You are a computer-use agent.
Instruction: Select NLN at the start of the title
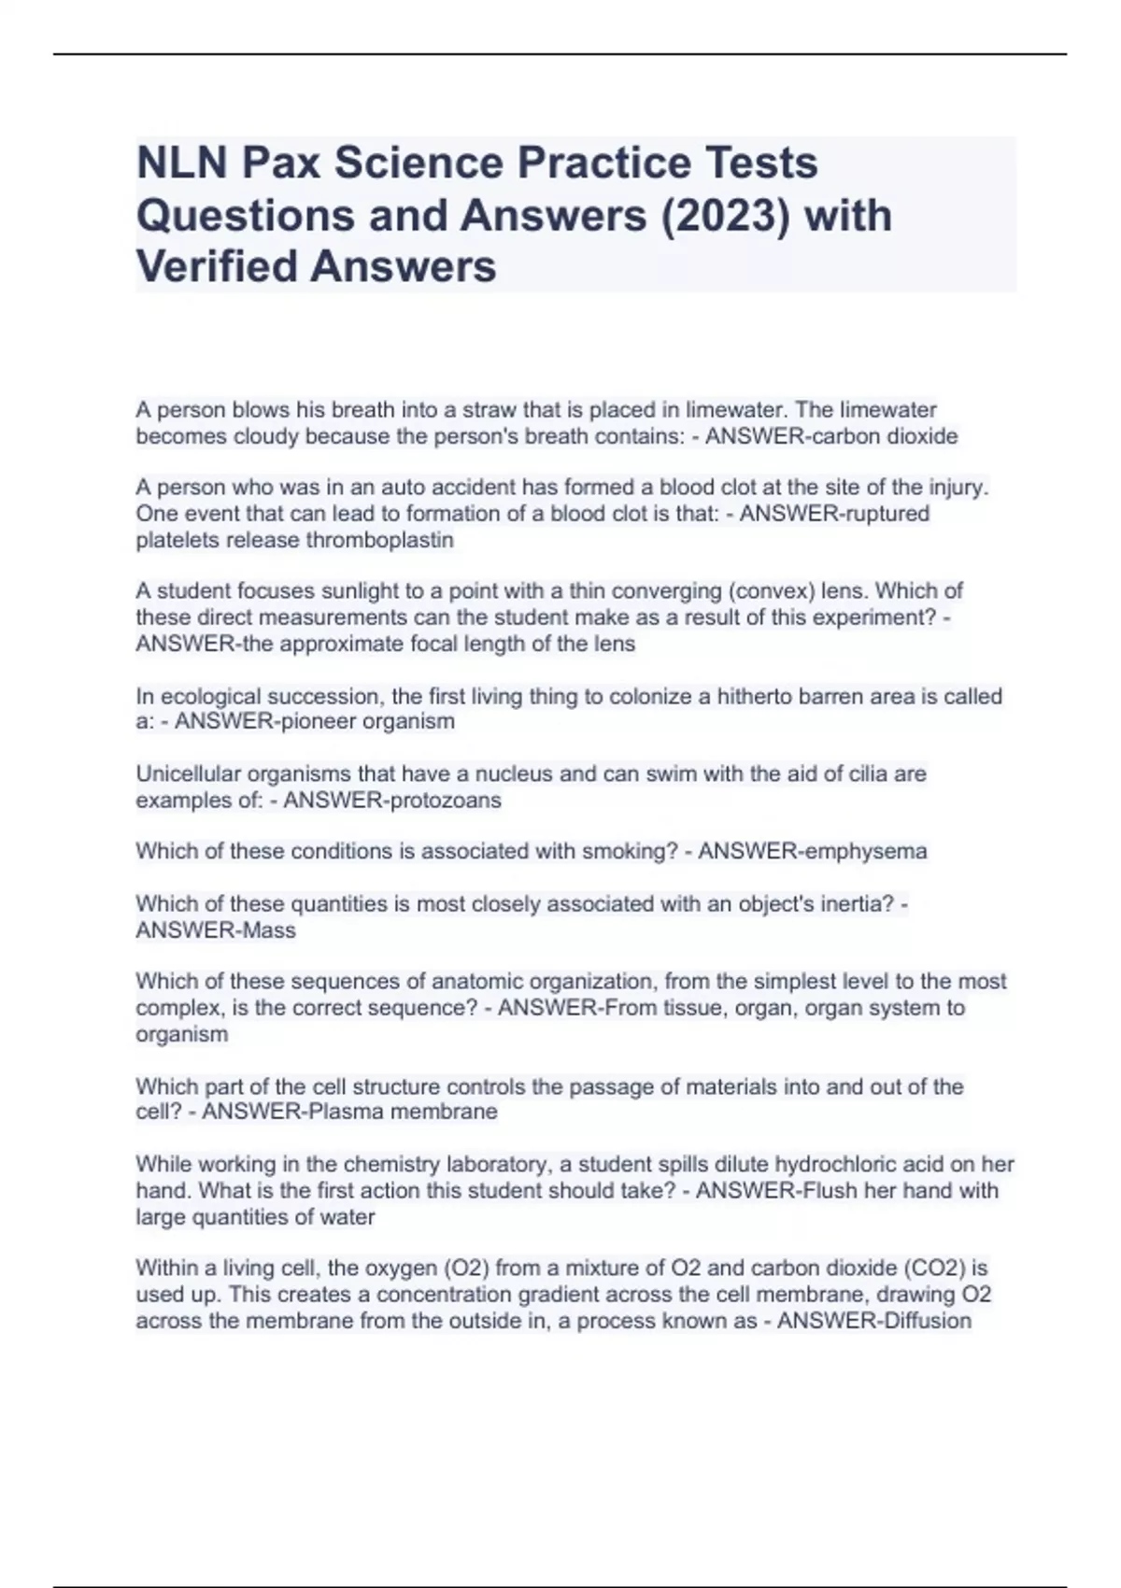pos(182,163)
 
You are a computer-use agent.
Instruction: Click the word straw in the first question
pos(489,410)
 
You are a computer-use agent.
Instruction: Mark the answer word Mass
pos(268,930)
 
